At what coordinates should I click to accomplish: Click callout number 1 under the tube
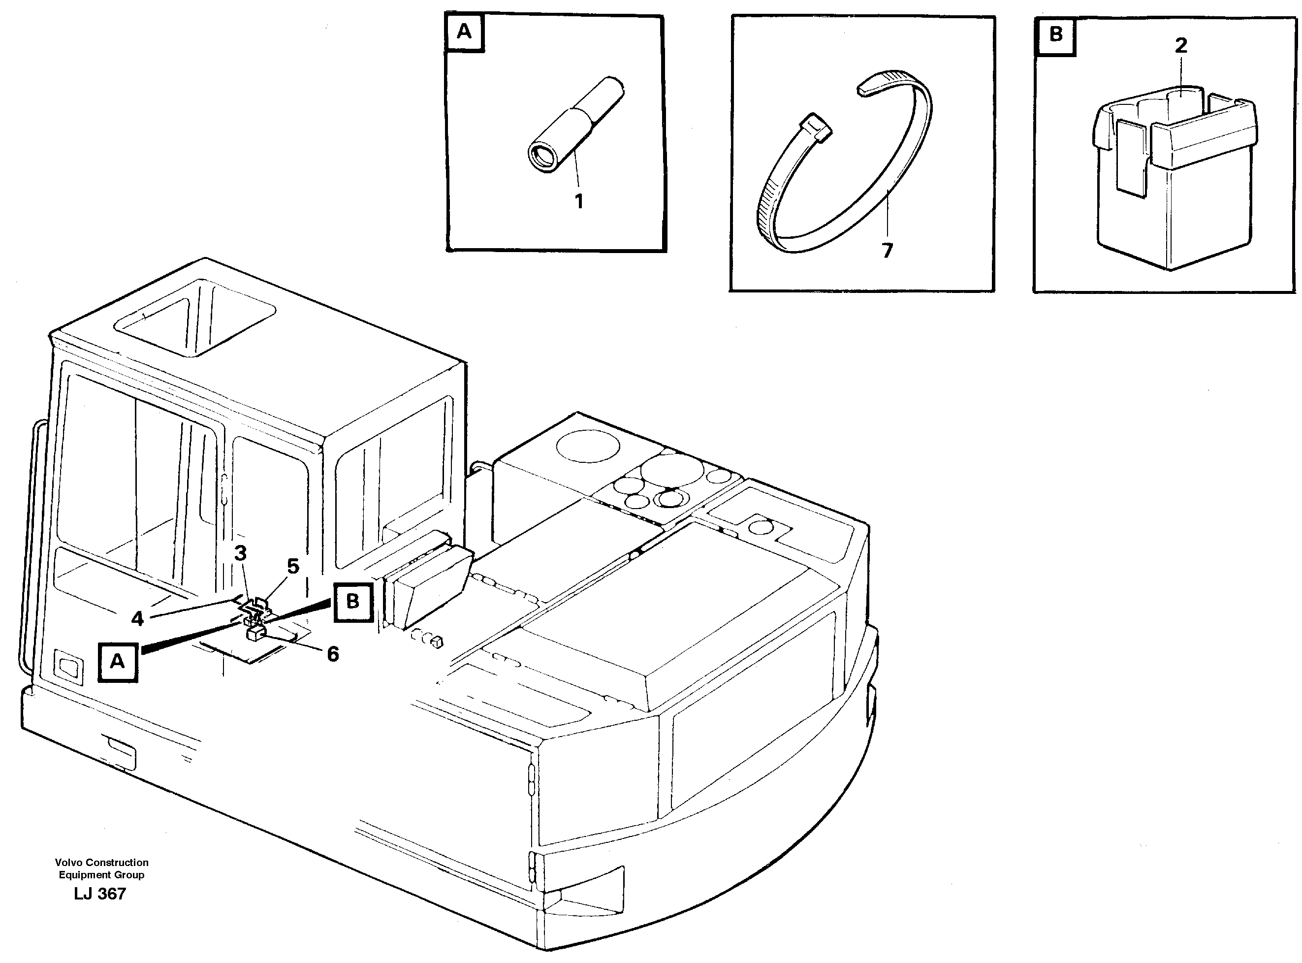point(578,202)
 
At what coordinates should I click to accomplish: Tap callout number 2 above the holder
point(1181,45)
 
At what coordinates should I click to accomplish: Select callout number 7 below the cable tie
point(887,251)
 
